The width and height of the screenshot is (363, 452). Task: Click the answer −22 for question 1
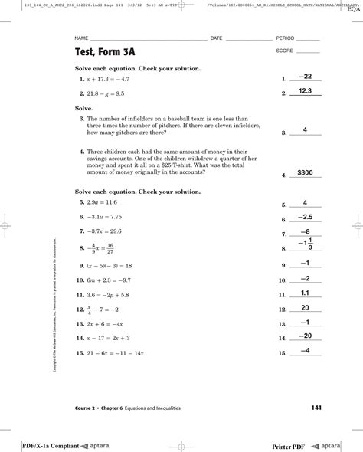305,77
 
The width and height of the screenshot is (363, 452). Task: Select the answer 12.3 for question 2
305,91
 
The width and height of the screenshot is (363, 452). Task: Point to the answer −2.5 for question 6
305,217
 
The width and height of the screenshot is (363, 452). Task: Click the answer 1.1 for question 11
305,293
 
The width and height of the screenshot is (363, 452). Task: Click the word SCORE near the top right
284,51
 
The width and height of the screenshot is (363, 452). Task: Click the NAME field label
80,38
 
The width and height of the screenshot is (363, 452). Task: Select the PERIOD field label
285,38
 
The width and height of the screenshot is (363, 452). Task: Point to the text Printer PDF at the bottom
293,445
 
